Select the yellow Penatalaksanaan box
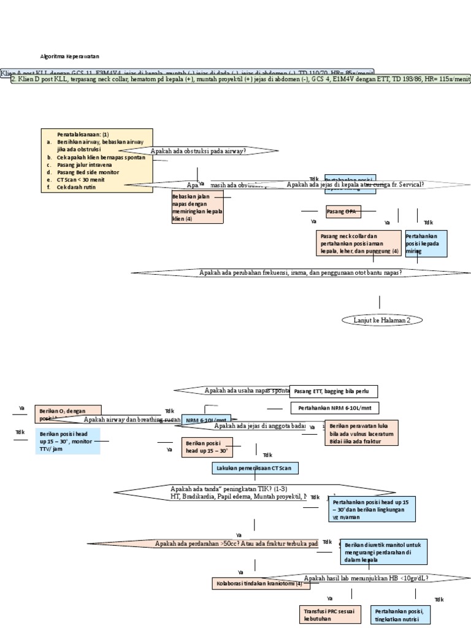[96, 160]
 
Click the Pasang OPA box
[342, 212]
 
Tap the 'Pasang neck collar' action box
[358, 243]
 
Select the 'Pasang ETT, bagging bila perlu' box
[333, 391]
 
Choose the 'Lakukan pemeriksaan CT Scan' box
[256, 468]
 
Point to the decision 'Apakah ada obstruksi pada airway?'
[198, 150]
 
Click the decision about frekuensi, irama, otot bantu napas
[301, 272]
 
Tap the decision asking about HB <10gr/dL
[366, 578]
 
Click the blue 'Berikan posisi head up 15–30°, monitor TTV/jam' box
[66, 441]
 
